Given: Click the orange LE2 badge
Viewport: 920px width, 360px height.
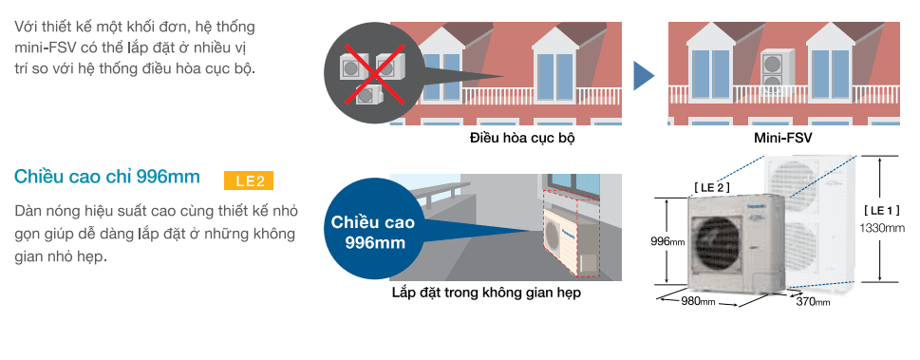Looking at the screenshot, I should click(249, 180).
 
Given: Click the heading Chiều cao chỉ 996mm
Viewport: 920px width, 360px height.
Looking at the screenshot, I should click(108, 178).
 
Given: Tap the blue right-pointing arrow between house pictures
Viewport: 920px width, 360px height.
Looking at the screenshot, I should click(645, 77).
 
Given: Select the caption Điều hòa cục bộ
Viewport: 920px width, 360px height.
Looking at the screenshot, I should click(523, 138).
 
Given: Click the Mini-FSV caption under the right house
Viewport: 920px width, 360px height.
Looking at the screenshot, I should click(782, 138).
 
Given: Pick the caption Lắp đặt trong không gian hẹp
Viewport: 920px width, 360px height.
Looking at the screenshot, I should click(486, 294).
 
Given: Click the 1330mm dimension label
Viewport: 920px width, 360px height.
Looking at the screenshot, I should click(882, 228).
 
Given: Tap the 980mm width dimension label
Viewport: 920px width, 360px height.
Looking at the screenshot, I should click(700, 302).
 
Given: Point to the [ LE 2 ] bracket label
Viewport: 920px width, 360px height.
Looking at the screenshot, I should click(711, 187).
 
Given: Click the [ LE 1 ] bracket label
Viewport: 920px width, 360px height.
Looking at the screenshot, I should click(882, 210).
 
